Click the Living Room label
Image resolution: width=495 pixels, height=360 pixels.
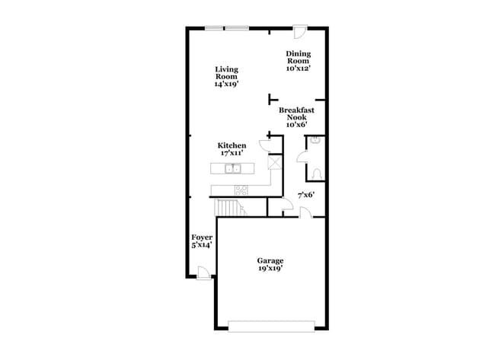(x=226, y=73)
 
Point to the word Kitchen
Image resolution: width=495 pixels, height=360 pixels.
(x=232, y=145)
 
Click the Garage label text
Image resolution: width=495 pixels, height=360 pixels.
(x=270, y=260)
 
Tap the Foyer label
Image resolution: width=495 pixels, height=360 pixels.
(x=202, y=237)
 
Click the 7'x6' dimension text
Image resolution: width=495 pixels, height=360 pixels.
(x=305, y=196)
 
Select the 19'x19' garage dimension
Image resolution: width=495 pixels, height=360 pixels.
(x=270, y=269)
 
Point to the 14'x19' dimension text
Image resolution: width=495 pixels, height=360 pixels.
(x=227, y=84)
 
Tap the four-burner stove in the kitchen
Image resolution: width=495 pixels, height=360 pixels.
(x=241, y=190)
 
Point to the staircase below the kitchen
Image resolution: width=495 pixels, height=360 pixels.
(x=229, y=206)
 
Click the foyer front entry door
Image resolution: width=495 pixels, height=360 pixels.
(x=203, y=272)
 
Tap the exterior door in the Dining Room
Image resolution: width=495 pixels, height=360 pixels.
(x=300, y=33)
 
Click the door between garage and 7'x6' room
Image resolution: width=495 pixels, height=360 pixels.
(x=305, y=213)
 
